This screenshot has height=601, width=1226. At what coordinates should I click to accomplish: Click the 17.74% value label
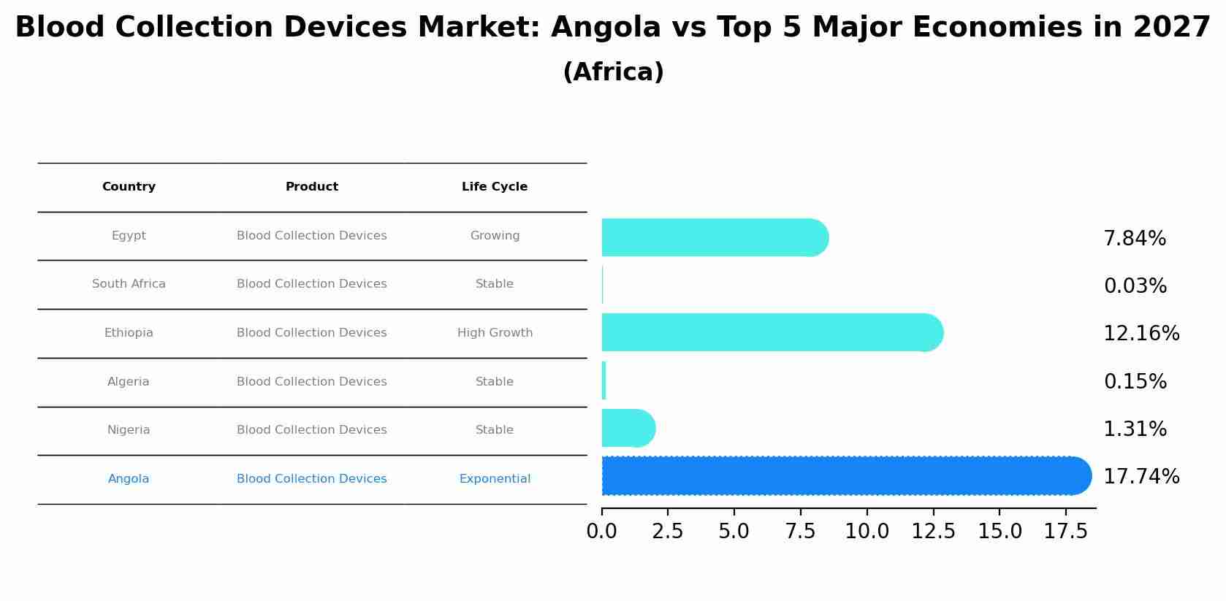point(1141,477)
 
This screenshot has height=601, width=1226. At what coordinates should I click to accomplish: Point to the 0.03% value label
point(1135,286)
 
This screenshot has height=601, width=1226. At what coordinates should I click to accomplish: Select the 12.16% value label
point(1141,334)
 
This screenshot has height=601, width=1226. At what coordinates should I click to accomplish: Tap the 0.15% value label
point(1135,382)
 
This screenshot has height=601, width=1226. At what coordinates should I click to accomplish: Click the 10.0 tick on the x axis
point(867,532)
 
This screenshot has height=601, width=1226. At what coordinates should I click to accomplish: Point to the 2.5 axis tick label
point(667,532)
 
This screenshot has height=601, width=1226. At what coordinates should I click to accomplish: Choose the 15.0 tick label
point(1000,532)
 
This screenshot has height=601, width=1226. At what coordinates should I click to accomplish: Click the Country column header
point(129,187)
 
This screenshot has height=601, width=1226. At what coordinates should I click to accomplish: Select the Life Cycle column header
point(495,187)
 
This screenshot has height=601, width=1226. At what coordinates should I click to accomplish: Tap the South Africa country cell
point(129,284)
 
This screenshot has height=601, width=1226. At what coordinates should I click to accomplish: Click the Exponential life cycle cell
point(495,479)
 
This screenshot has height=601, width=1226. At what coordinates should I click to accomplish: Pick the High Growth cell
point(495,333)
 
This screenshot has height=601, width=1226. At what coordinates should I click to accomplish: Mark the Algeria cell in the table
point(129,382)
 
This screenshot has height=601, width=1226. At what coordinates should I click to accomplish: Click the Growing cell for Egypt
point(495,236)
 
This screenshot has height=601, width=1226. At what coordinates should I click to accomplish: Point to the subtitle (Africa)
point(613,72)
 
